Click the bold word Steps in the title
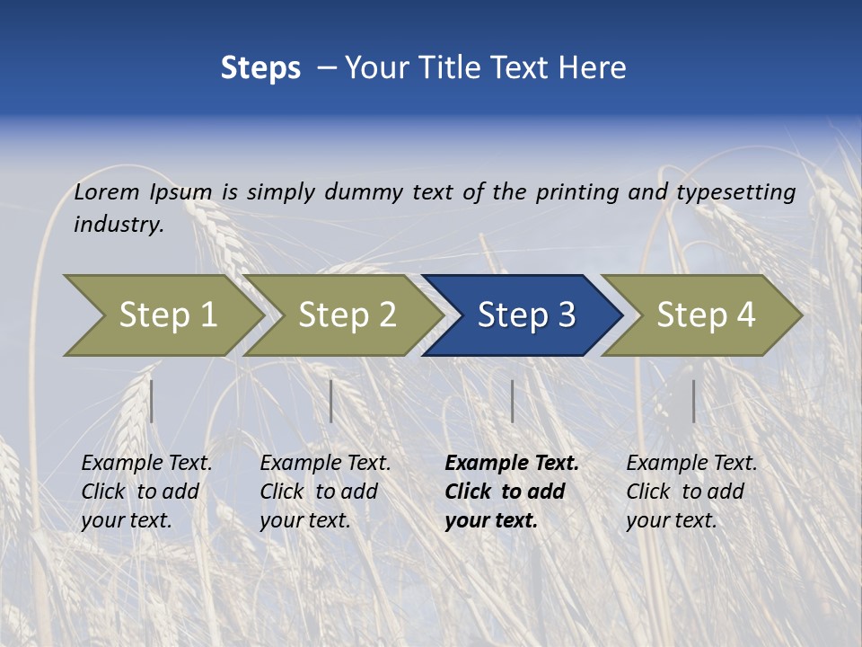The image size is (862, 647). (260, 68)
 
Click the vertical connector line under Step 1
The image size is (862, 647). (152, 401)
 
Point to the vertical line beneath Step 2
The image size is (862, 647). (331, 401)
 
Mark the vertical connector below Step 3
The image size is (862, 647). (512, 401)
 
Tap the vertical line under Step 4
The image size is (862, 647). (693, 401)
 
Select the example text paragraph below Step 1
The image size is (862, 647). (146, 491)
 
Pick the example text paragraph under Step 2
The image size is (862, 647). (325, 491)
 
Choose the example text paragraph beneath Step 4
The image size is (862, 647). (691, 491)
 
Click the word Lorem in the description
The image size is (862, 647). (107, 191)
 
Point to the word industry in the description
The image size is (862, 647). (119, 225)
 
